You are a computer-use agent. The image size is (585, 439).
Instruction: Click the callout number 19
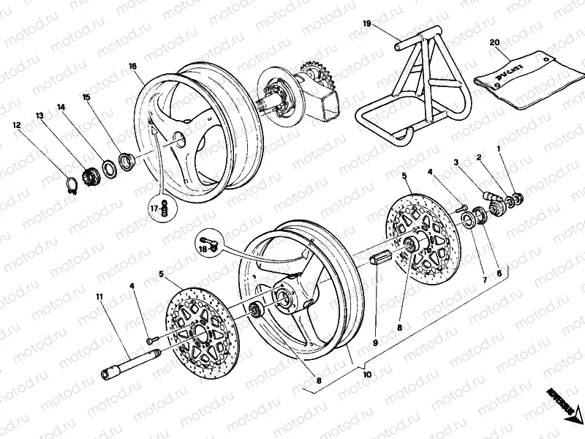coord(367,24)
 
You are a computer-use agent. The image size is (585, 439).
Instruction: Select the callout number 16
coord(132,67)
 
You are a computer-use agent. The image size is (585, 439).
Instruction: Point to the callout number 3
coord(455,162)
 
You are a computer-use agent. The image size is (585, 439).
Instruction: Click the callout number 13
coord(39,116)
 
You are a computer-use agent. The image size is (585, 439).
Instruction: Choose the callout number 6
coord(499,273)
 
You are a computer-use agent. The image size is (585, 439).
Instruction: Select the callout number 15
coord(86,97)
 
